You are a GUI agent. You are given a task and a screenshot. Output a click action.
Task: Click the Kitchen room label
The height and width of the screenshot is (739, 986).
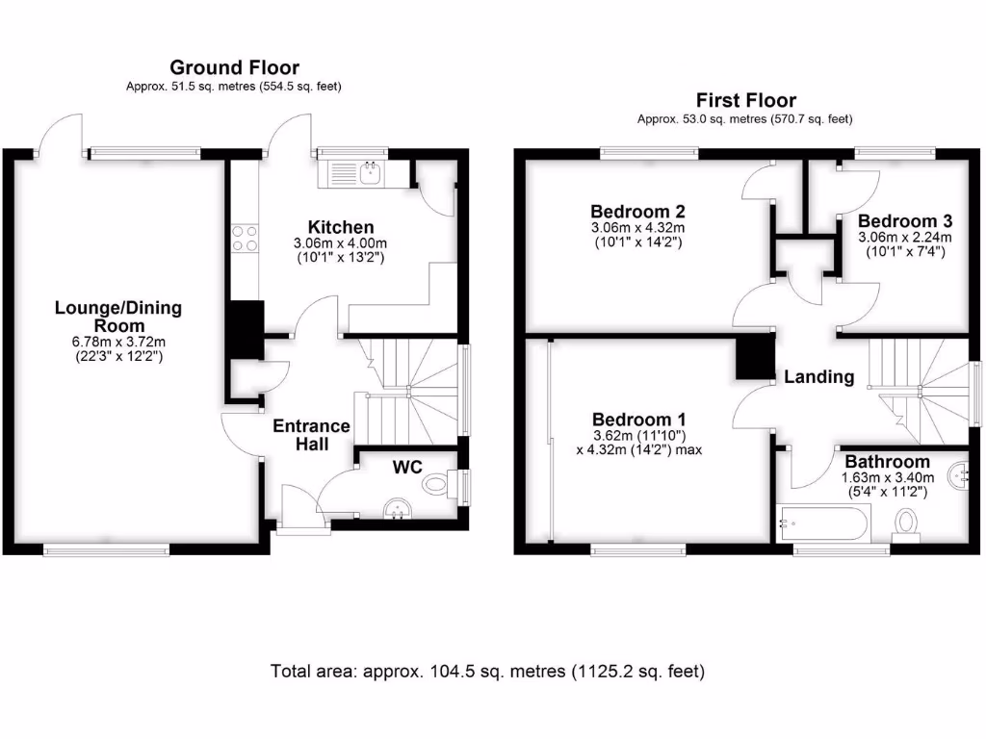pos(334,227)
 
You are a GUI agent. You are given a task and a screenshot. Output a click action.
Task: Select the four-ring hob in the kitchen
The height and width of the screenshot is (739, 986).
pos(245,238)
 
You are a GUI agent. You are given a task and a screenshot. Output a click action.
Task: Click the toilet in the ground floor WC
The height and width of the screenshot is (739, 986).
pos(438,484)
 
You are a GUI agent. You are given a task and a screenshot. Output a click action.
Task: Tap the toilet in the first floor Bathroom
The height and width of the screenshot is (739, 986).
pos(906,522)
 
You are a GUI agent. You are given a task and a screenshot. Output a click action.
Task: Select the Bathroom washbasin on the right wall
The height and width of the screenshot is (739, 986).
pos(959,472)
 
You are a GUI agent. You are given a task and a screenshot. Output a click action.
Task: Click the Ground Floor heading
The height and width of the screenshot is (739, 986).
pos(234,67)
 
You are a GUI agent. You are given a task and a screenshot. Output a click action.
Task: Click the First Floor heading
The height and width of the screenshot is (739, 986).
pos(745,100)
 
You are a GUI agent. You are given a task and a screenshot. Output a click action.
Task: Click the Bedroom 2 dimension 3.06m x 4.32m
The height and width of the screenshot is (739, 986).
pos(637,227)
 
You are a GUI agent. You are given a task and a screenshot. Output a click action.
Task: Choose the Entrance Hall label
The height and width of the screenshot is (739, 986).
pos(311,435)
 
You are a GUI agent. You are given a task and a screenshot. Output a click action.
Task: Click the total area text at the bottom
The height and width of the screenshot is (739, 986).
pos(488,671)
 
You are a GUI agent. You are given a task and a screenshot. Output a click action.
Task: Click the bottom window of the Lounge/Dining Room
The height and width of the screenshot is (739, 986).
pos(106,550)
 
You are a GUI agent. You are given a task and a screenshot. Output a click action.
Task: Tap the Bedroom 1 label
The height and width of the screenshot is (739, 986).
pos(638,420)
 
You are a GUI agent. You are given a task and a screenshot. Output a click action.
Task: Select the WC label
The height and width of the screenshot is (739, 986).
pos(407,468)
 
